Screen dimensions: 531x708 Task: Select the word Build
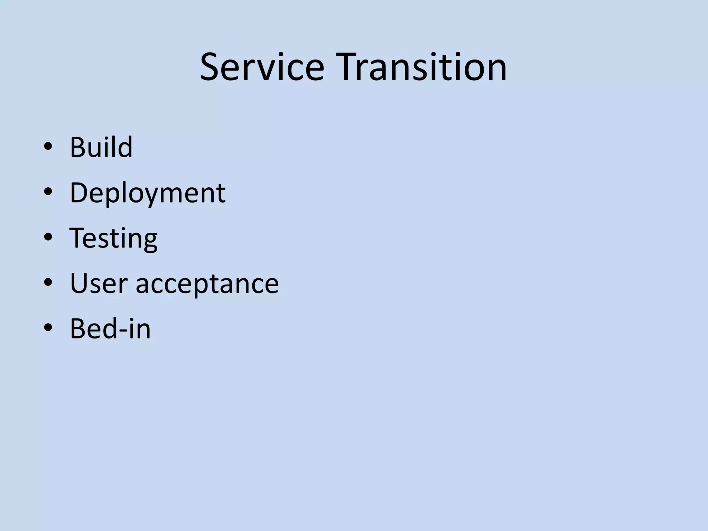coord(101,147)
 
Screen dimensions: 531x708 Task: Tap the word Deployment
coord(148,193)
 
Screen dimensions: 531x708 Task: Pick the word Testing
coord(114,238)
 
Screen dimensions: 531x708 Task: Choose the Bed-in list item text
coord(110,329)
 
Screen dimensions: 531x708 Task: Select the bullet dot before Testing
coord(48,237)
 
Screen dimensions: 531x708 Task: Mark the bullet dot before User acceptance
coord(48,282)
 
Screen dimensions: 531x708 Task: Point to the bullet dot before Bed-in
coord(48,328)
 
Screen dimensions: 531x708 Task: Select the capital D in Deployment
coord(80,193)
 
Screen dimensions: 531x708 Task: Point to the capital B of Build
coord(78,147)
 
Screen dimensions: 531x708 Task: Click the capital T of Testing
coord(77,238)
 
